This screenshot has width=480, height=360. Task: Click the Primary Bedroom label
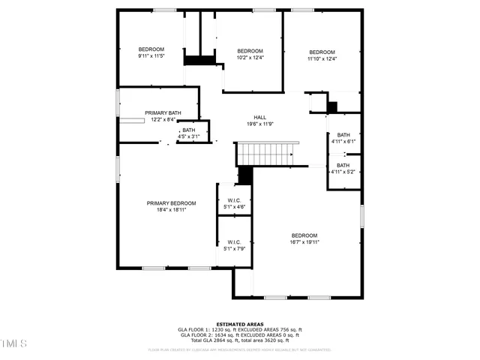(x=171, y=203)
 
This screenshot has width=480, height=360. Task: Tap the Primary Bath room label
(x=163, y=113)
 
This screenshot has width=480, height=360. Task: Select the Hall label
(x=259, y=117)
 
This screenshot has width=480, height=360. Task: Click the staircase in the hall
(x=267, y=154)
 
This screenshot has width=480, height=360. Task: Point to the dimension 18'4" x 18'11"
(x=171, y=210)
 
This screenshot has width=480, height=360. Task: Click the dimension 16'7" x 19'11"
(x=304, y=242)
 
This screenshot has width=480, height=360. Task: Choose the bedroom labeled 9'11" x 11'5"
(x=151, y=52)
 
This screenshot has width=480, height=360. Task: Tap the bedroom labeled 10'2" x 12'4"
(x=250, y=53)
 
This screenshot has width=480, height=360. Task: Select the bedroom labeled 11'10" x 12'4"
(x=322, y=55)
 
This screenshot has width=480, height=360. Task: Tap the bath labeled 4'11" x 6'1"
(x=343, y=137)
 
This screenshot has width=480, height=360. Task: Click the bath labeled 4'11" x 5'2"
(x=343, y=168)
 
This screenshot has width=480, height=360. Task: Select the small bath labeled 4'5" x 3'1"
(x=188, y=133)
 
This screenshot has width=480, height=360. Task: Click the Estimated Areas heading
(x=239, y=324)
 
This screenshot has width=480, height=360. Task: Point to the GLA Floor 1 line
(x=239, y=330)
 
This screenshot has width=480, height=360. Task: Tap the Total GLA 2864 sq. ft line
(x=239, y=340)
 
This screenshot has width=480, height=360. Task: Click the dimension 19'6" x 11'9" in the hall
(x=259, y=124)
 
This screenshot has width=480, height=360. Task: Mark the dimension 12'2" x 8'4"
(x=163, y=119)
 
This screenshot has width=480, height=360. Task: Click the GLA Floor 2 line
(x=239, y=335)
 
